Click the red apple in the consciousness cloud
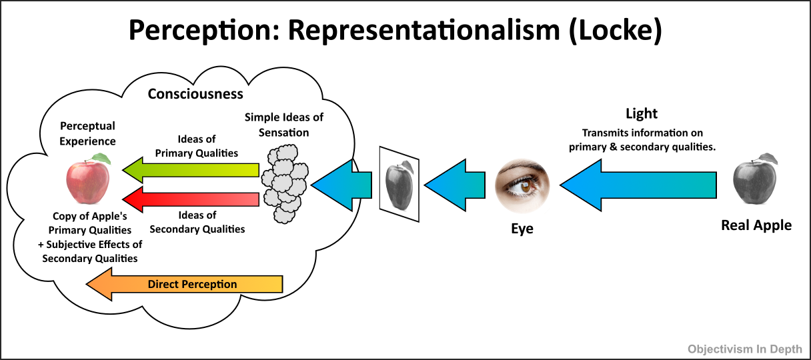88,179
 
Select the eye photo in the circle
523,182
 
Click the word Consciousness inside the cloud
195,93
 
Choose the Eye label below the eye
522,229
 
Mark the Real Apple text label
756,225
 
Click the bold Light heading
642,114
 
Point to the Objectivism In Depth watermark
745,348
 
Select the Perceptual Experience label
88,133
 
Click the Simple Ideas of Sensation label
284,125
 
